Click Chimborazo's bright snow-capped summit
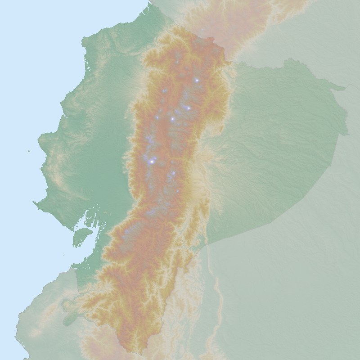pos(152,161)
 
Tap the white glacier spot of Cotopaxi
pos(172,119)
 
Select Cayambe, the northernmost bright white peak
pos(197,80)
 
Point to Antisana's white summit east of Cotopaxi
pos(188,108)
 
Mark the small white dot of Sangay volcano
pos(178,191)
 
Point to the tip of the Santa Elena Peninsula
pos(34,202)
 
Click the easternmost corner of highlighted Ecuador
pos(347,134)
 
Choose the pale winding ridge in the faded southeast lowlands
pos(218,292)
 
